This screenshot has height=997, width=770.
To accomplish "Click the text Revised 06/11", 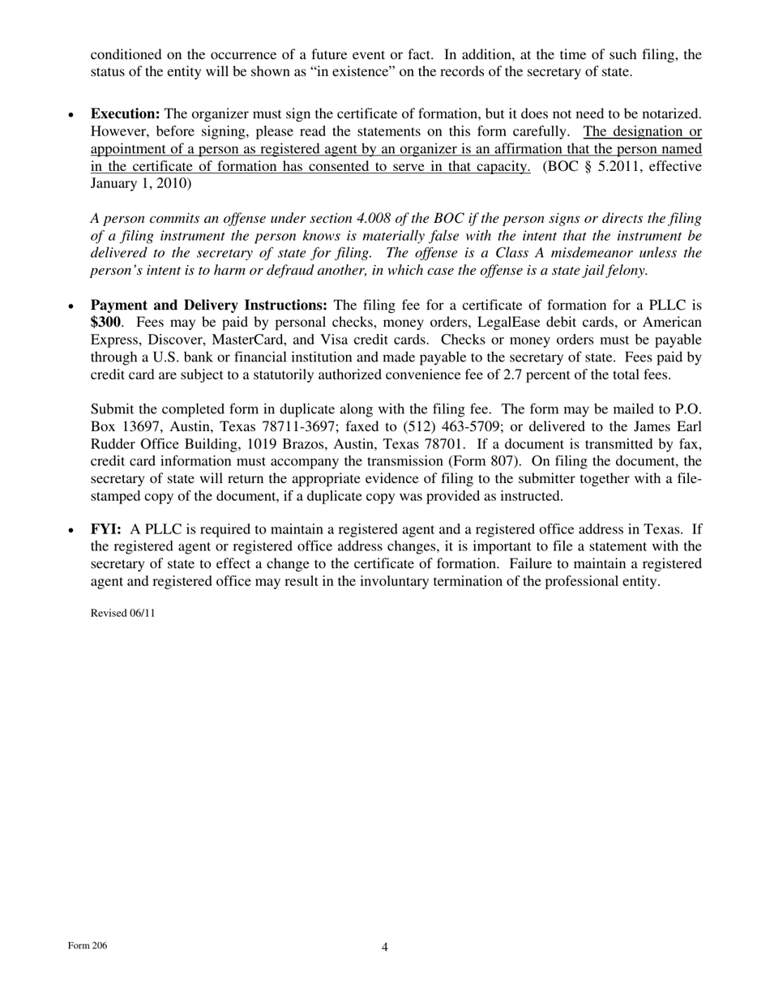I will (x=122, y=613).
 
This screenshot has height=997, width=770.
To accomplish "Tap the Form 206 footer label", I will (x=88, y=946).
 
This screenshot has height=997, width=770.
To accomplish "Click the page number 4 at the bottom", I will (x=385, y=947).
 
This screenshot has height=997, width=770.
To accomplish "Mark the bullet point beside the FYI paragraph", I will (x=73, y=530).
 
